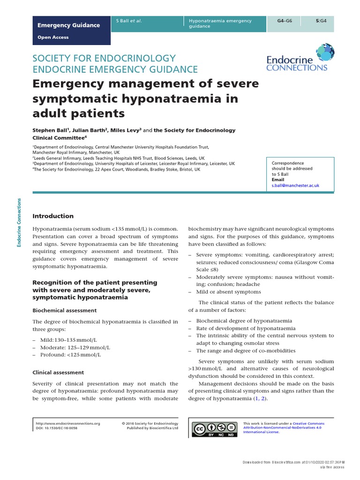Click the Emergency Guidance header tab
(68, 25)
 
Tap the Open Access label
(53, 37)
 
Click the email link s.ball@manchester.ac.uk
(295, 186)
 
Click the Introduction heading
(53, 216)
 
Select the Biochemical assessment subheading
(64, 310)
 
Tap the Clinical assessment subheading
(58, 372)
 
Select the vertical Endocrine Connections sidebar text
(19, 222)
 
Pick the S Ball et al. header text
(129, 21)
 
